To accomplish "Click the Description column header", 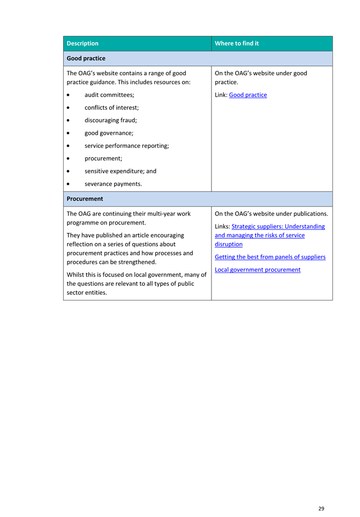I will click(x=83, y=44).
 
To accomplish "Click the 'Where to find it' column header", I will click(x=237, y=44).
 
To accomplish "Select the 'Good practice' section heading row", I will click(x=86, y=59).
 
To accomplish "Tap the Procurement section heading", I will click(x=85, y=199).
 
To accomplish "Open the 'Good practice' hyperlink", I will click(x=248, y=95).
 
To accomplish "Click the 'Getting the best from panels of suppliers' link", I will click(x=270, y=257).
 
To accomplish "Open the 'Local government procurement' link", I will click(x=257, y=270).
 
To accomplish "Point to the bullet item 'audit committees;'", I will click(x=109, y=95).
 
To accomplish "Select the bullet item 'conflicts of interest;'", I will click(x=112, y=107).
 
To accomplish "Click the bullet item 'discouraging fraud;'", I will click(x=111, y=120).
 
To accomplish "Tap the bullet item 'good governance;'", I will click(x=109, y=133).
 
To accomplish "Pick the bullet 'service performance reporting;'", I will click(x=127, y=146).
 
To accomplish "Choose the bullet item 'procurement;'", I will click(x=103, y=159).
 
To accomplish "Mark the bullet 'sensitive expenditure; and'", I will click(x=120, y=171).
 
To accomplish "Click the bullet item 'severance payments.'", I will click(x=113, y=184).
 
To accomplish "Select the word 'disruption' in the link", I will click(x=229, y=245).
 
